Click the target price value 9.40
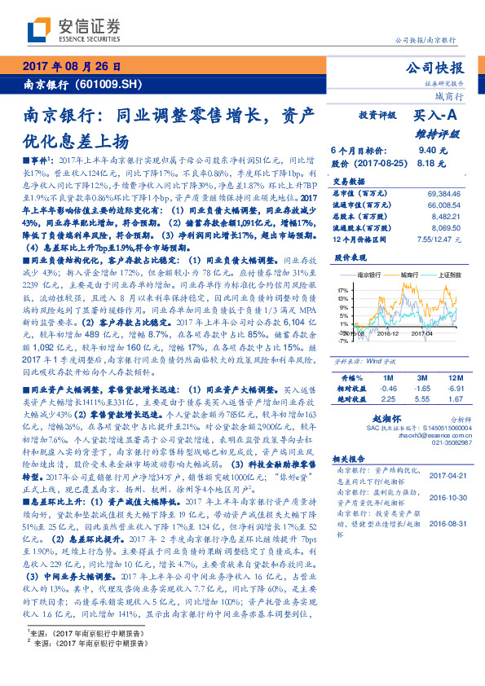coord(427,151)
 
